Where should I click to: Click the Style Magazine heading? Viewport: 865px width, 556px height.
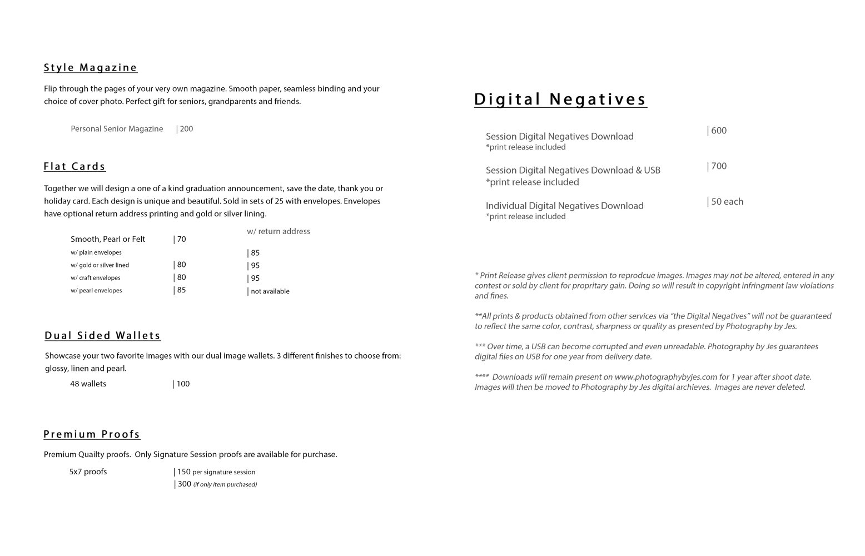click(90, 68)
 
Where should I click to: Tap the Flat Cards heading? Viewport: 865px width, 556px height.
click(74, 166)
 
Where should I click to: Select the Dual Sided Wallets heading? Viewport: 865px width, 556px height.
click(102, 335)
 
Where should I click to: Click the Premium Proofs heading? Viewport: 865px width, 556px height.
click(92, 434)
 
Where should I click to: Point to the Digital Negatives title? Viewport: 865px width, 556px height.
click(560, 99)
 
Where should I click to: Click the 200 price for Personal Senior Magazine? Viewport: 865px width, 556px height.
click(186, 129)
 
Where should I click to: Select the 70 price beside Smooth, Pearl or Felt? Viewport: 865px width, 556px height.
click(181, 239)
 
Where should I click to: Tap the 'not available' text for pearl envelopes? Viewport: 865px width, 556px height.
click(270, 291)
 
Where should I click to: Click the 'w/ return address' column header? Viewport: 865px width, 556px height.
click(279, 231)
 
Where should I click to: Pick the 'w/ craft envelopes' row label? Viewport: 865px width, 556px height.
click(95, 278)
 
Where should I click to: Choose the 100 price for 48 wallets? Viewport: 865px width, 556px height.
click(182, 384)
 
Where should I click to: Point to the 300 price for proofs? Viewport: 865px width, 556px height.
click(184, 484)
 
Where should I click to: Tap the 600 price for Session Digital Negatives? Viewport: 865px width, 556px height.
click(718, 131)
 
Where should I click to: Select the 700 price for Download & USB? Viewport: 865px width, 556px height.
click(718, 166)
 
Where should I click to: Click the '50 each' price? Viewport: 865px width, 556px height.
click(726, 202)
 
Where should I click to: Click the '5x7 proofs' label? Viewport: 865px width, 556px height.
click(88, 472)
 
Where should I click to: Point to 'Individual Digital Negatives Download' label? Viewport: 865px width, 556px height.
click(564, 206)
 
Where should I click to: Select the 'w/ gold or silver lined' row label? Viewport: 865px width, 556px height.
click(100, 265)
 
